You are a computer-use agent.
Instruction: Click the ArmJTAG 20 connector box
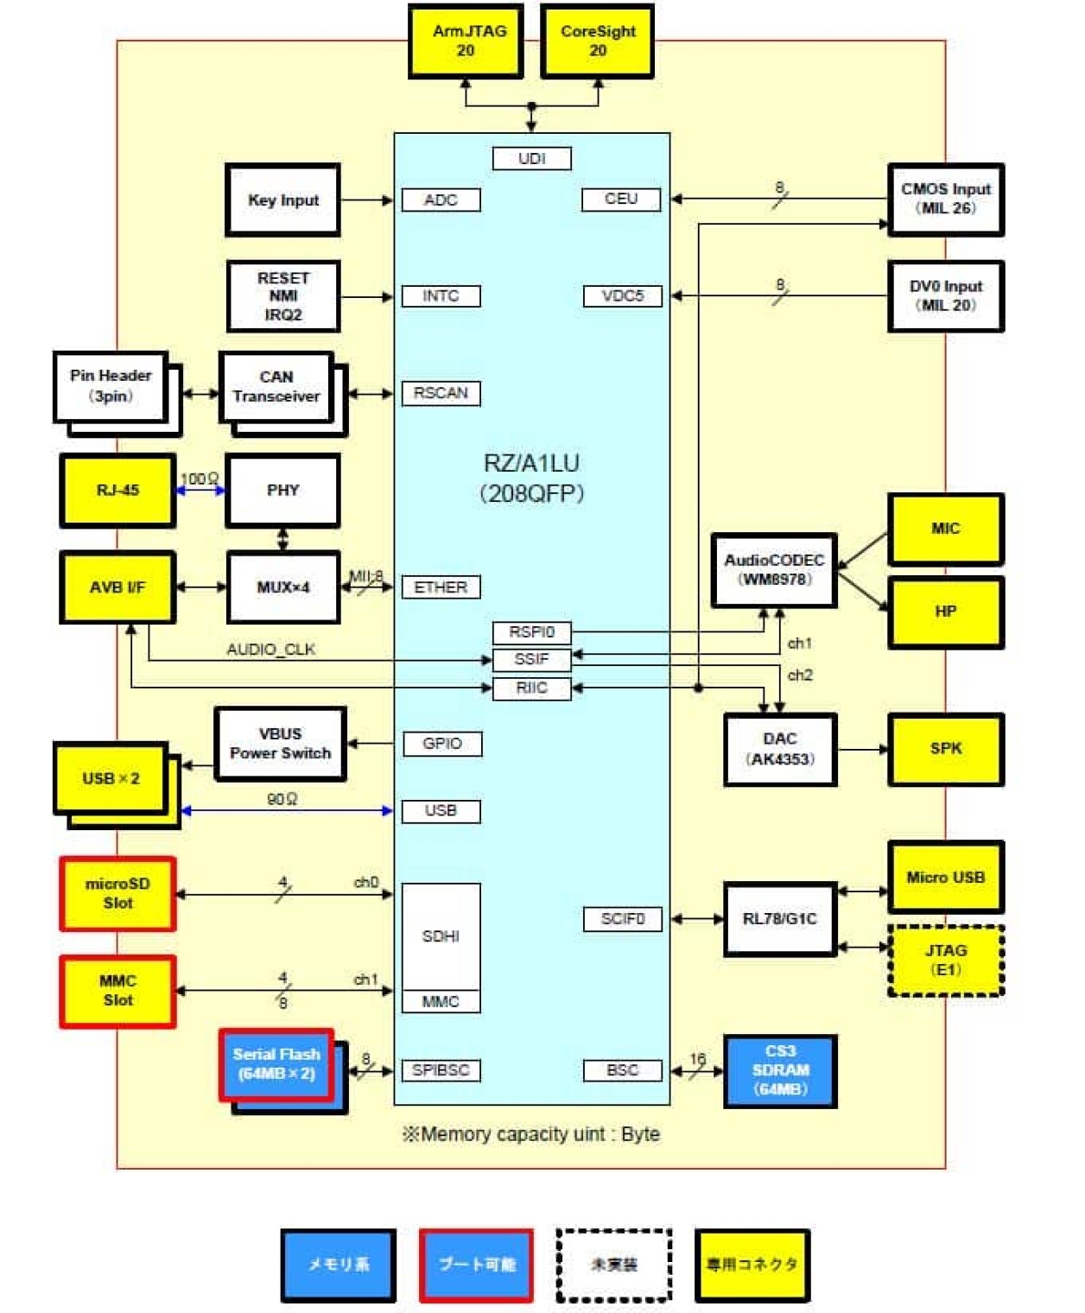[x=466, y=41]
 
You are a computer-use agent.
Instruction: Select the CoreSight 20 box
[x=597, y=41]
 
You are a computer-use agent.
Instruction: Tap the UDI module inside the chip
[x=531, y=158]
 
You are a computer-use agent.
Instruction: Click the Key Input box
[x=283, y=200]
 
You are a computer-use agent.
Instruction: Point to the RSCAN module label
[x=441, y=393]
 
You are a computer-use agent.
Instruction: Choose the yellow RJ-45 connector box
[x=117, y=490]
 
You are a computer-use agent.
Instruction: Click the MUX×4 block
[x=283, y=587]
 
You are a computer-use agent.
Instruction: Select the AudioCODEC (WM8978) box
[x=774, y=570]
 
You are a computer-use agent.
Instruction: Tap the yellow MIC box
[x=945, y=529]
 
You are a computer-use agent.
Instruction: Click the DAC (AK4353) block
[x=779, y=749]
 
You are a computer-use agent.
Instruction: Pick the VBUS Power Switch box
[x=280, y=744]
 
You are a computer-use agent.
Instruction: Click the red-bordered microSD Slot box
[x=118, y=893]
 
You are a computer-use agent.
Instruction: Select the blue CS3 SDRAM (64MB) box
[x=779, y=1070]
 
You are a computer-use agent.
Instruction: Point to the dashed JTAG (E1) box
[x=945, y=960]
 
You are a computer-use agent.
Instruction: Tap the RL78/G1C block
[x=779, y=918]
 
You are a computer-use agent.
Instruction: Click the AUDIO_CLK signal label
[x=270, y=649]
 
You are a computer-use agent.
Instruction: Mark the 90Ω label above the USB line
[x=282, y=799]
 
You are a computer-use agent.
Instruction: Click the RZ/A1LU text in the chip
[x=531, y=463]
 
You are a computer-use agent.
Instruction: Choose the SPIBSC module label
[x=441, y=1070]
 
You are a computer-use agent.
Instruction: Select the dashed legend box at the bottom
[x=613, y=1265]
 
